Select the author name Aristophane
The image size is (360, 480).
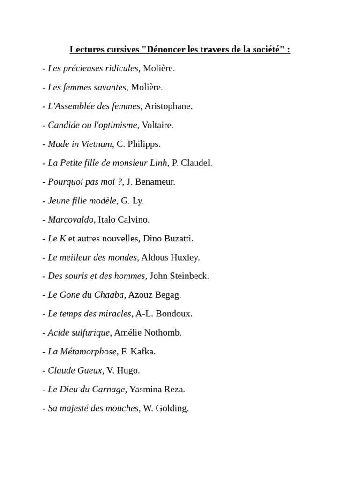(x=168, y=106)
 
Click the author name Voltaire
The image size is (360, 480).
(x=157, y=125)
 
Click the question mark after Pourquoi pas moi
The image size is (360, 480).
(x=120, y=182)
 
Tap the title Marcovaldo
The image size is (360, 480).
(x=70, y=219)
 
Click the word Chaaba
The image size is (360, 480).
(x=109, y=295)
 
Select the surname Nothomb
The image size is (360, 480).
(x=163, y=333)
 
